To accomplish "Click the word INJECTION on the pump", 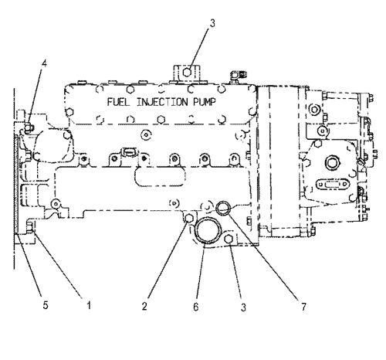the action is tap(162, 102).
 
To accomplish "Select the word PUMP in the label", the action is tap(205, 102).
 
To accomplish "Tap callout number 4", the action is tap(45, 63).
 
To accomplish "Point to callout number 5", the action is tap(46, 305).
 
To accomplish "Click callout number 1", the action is tap(89, 305).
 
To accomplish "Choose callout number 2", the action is tap(144, 306).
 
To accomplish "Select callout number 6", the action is tap(196, 307).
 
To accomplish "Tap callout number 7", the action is tap(304, 307).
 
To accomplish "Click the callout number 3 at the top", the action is tap(212, 23).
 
